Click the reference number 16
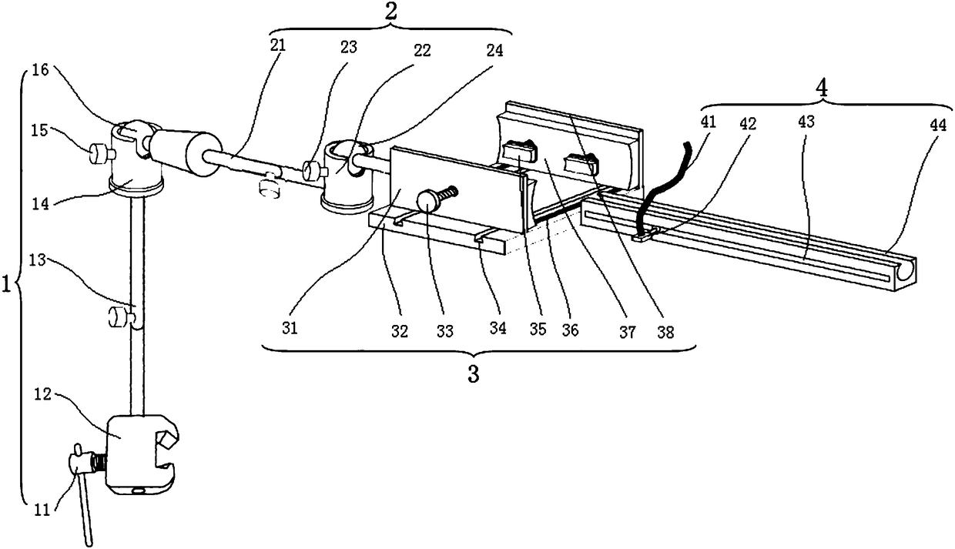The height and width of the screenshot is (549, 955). coord(39,72)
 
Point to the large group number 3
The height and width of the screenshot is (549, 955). coord(474,375)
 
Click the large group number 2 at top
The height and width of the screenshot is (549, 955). coord(390,11)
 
